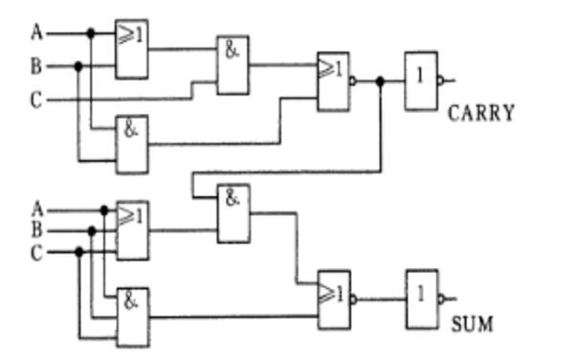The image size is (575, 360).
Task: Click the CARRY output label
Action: click(x=480, y=113)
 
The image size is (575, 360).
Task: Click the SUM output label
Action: click(x=472, y=325)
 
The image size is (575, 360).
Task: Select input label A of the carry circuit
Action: click(x=37, y=33)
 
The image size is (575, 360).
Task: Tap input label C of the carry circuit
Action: click(x=36, y=100)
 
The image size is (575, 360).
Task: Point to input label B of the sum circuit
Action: click(x=36, y=231)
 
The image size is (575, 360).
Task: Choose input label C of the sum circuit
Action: click(x=36, y=253)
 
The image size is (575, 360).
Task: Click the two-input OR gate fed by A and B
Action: click(x=132, y=49)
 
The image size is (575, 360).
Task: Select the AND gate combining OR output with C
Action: click(x=232, y=65)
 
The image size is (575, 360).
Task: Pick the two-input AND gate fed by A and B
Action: click(x=132, y=145)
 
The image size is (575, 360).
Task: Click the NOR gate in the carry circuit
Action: click(x=333, y=81)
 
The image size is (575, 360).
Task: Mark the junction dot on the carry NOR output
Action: click(x=380, y=80)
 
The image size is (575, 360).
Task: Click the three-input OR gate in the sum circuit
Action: click(x=132, y=231)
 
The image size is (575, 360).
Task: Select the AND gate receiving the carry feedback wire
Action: click(x=233, y=214)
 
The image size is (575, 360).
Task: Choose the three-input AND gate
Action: click(x=133, y=318)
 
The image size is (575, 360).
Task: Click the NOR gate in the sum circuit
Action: click(x=334, y=300)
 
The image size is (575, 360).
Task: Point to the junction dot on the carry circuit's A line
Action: click(x=91, y=34)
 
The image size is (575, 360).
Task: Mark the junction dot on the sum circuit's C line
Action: click(x=78, y=252)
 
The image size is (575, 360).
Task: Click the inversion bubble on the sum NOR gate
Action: click(x=353, y=300)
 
